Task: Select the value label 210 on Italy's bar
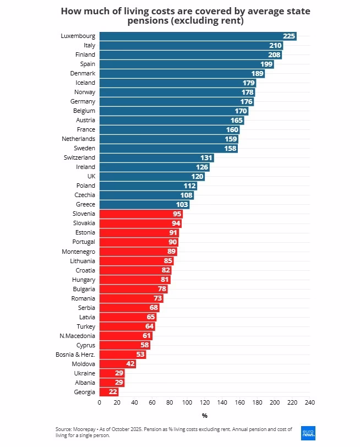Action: point(275,45)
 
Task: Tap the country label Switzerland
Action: point(79,157)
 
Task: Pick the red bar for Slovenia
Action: point(140,214)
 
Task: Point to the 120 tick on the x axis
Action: point(205,402)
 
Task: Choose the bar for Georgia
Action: point(108,392)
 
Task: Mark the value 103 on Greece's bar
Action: point(182,204)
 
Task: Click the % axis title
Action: point(204,416)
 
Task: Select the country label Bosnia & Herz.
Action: point(76,355)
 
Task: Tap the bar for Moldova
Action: point(117,364)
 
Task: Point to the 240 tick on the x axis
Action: point(310,402)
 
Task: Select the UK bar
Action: point(152,176)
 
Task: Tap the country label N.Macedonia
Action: point(77,336)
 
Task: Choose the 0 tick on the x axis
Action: point(99,402)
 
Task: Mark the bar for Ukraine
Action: point(112,373)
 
